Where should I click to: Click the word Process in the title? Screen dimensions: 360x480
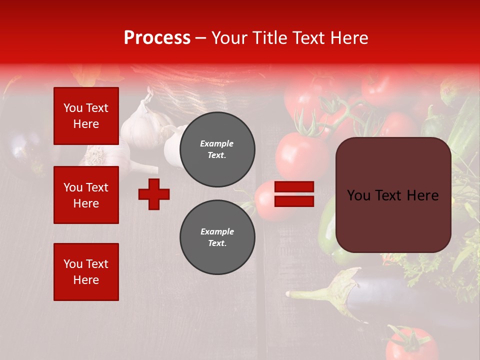point(157,38)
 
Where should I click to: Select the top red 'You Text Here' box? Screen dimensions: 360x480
point(86,116)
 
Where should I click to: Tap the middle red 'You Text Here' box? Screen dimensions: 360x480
point(86,195)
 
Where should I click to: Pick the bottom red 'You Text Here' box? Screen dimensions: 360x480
point(86,271)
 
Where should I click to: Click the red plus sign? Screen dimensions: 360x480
point(154,194)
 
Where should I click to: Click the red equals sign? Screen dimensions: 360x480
point(294,194)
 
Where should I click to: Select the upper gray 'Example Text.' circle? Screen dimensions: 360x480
point(217,149)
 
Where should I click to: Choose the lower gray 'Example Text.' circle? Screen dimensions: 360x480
point(217,237)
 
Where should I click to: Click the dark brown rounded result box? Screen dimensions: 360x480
point(393,195)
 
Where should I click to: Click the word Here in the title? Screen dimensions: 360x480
point(348,38)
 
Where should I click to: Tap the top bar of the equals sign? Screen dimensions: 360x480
point(294,187)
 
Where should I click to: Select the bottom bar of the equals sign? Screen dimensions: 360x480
point(294,201)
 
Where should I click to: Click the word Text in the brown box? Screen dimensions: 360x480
point(392,195)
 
